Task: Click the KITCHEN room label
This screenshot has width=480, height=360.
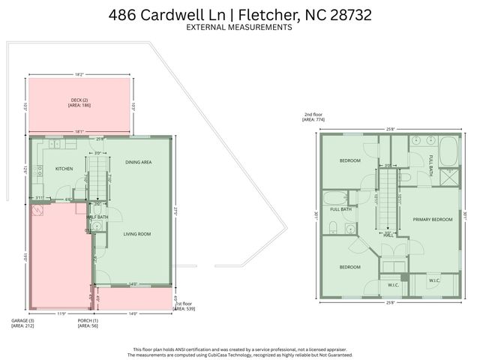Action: coord(64,169)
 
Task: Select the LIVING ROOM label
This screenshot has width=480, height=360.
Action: coord(137,234)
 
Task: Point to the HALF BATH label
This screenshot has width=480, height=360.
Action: coord(97,217)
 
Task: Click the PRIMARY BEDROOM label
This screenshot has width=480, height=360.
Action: coord(432,219)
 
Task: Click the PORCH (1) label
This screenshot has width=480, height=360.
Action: coord(87,321)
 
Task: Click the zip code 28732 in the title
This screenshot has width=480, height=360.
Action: coord(347,14)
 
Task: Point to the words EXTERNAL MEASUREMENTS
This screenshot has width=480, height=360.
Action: coord(239,27)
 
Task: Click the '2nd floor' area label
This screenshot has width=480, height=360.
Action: coord(312,115)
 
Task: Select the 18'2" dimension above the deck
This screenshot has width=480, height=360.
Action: coord(79,74)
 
